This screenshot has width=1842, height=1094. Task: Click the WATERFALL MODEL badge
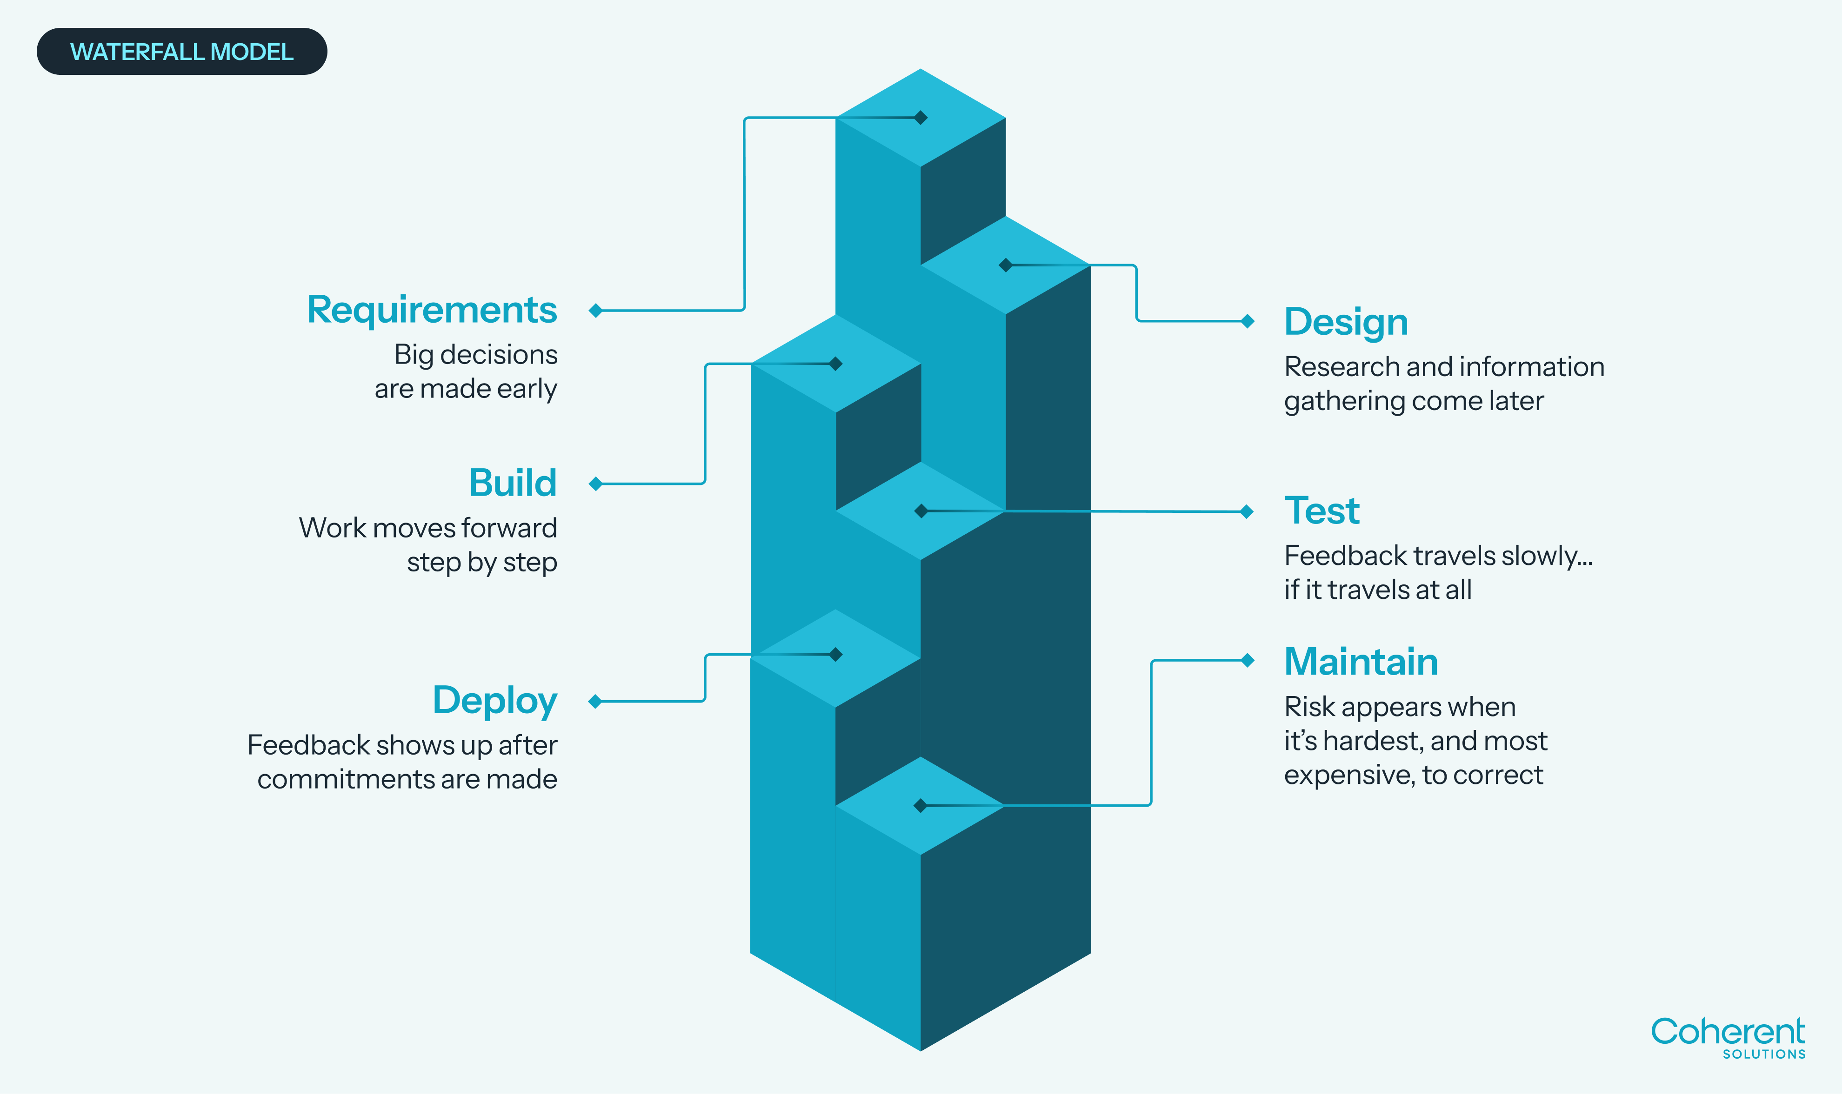pos(181,52)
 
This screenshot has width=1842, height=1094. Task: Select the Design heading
pos(1346,322)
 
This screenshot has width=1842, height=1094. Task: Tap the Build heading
pos(513,483)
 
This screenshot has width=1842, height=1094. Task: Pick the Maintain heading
pos(1361,661)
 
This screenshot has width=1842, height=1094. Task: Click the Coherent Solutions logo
pos(1727,1036)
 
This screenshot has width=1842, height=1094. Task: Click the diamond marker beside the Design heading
pos(1248,321)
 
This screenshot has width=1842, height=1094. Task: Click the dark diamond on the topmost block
pos(920,117)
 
